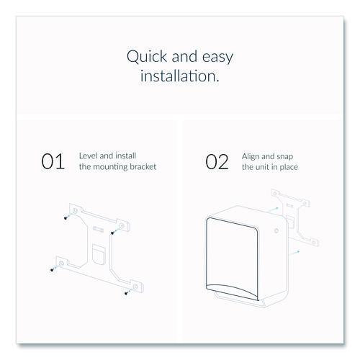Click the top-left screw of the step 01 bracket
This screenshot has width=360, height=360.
point(66,218)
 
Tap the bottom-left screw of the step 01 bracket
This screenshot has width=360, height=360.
point(53,271)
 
